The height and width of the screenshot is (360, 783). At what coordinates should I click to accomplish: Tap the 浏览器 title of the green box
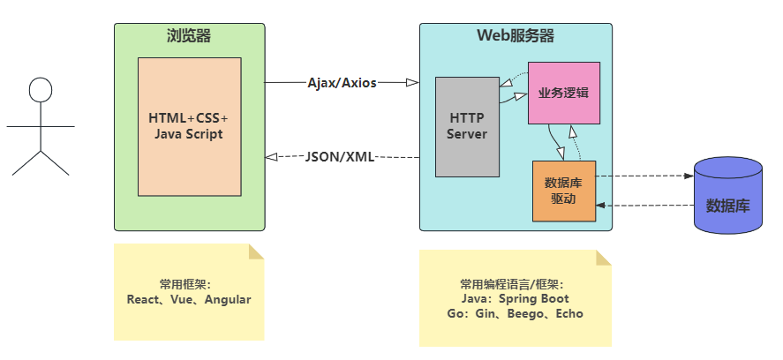(189, 36)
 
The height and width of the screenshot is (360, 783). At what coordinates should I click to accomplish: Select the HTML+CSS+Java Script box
(189, 126)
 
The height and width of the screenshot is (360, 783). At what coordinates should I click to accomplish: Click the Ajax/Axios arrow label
(342, 83)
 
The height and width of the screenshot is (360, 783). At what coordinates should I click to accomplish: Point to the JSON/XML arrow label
(340, 157)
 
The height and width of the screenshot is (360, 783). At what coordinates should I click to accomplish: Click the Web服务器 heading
(516, 36)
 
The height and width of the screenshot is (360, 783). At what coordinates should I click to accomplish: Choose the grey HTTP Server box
(467, 126)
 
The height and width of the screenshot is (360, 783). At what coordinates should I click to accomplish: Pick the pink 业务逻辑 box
(564, 93)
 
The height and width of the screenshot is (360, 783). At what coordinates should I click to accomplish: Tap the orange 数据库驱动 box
(564, 191)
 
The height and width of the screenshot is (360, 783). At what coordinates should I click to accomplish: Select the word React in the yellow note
(143, 299)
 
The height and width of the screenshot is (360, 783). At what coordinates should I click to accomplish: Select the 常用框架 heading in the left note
(184, 284)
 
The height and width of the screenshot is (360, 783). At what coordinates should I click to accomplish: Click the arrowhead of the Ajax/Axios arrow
(412, 83)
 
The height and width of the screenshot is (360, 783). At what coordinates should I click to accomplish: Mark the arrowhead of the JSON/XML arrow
(271, 157)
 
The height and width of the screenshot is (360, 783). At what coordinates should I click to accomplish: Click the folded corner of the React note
(257, 251)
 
